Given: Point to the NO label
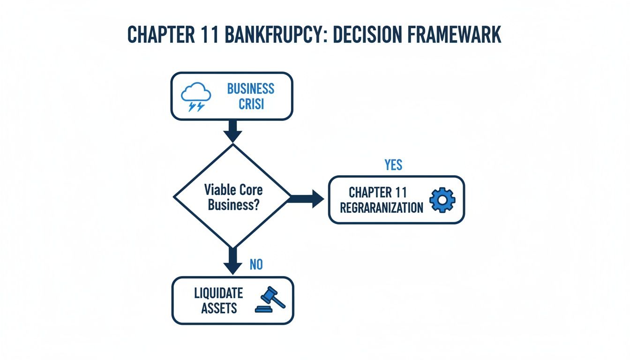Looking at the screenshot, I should click(256, 264).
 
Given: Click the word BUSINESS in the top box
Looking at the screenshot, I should click(251, 89).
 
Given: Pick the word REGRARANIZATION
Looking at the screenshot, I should click(381, 207).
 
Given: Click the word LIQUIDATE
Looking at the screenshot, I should click(218, 293).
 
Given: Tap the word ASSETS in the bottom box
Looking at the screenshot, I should click(219, 308).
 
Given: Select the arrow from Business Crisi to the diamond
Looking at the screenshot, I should click(232, 131).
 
